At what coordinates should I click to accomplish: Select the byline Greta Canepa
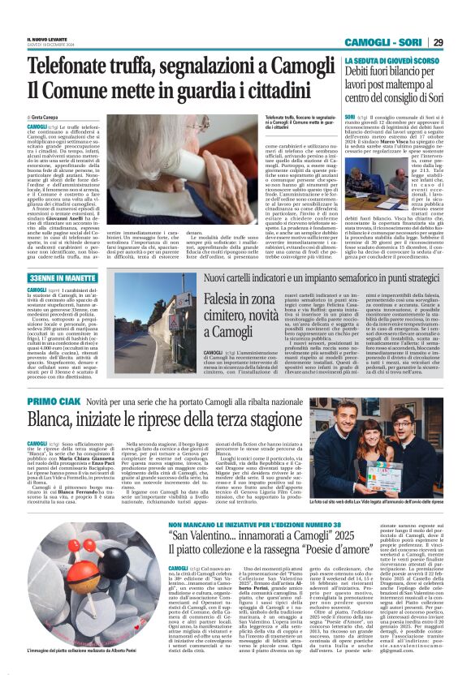(x=50, y=118)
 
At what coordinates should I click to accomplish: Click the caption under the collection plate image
(x=80, y=651)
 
